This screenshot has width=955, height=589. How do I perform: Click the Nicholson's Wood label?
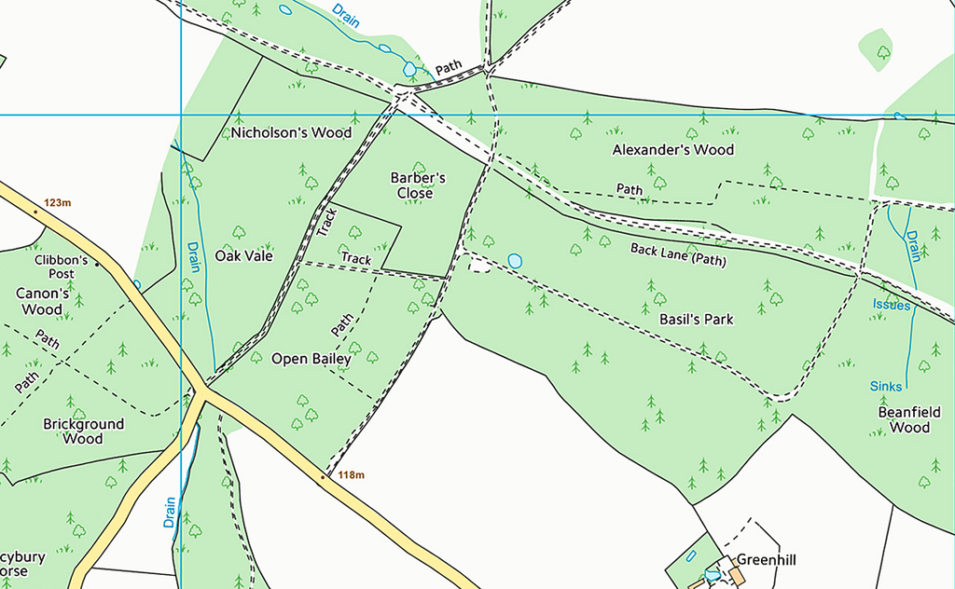tap(291, 132)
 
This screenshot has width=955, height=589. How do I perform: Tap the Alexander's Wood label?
tap(672, 149)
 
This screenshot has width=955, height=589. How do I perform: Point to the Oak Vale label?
tap(243, 255)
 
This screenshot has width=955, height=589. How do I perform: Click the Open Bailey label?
tap(311, 358)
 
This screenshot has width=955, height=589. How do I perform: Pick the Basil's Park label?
tap(696, 319)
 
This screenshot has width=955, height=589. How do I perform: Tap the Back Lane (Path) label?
tap(677, 254)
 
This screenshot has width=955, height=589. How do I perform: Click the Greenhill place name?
tap(767, 560)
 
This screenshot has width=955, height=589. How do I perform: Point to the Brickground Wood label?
tap(83, 431)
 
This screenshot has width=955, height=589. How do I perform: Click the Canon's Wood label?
tap(43, 301)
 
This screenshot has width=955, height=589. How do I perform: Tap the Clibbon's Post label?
tap(62, 267)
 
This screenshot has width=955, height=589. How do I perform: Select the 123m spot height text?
tap(57, 202)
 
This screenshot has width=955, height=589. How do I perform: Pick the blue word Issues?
tap(891, 305)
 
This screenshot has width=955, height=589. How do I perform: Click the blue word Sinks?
tap(886, 386)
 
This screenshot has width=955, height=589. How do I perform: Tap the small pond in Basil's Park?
tap(514, 261)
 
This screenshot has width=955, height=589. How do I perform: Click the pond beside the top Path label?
tap(408, 69)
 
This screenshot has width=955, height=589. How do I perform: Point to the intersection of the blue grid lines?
tap(180, 115)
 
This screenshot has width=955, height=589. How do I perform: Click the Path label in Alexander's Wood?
tap(630, 189)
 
